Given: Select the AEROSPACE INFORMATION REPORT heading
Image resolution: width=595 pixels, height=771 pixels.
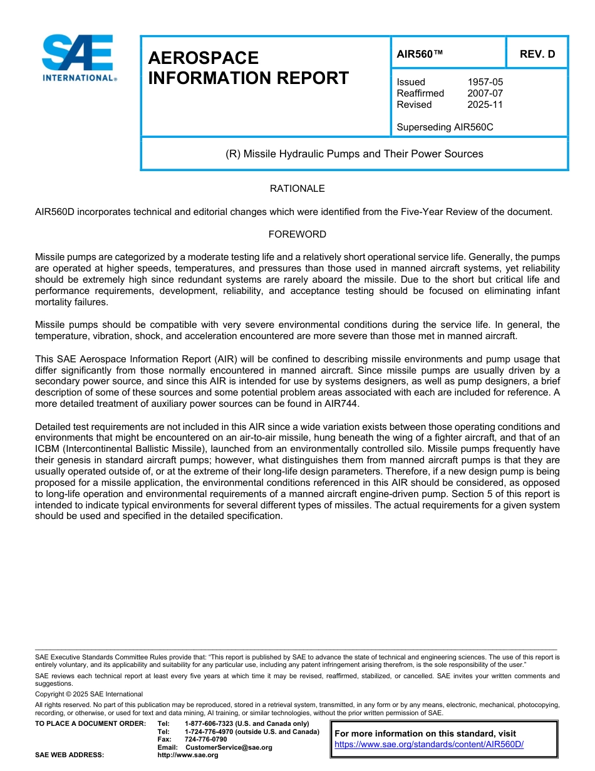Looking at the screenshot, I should point(248,68).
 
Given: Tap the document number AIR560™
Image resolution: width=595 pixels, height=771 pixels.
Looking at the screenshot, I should point(420,54).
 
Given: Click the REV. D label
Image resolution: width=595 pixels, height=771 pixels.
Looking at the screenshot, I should point(537,54).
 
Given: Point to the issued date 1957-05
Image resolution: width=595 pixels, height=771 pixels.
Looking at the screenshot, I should point(485,82).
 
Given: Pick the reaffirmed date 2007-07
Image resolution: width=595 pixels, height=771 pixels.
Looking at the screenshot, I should point(485,93).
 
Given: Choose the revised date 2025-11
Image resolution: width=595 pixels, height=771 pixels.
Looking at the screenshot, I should point(485,105).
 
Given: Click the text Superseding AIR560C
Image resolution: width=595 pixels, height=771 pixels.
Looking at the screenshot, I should point(445,127).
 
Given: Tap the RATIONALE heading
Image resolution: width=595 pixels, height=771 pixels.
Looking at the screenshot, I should point(297,189).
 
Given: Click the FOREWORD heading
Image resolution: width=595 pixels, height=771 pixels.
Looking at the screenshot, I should point(297,234).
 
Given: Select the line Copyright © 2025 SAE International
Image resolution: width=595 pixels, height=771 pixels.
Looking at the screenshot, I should point(89,694).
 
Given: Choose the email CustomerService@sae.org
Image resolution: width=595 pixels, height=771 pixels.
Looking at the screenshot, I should point(229,748).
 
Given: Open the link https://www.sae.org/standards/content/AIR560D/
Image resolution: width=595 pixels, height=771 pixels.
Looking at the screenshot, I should point(428,745).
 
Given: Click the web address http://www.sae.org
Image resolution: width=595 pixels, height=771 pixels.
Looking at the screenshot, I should point(188,755).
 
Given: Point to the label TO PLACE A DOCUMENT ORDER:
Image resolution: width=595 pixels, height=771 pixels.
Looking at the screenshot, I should point(90,724).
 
